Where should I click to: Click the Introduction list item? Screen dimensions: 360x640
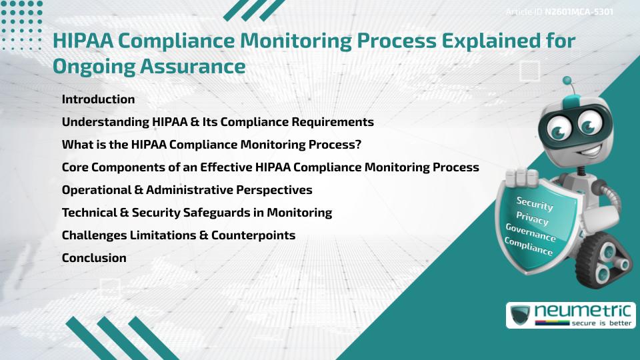(98, 99)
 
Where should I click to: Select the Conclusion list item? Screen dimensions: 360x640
(94, 258)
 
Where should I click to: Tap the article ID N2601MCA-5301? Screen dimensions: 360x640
(579, 12)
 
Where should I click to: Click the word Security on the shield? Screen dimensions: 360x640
(534, 203)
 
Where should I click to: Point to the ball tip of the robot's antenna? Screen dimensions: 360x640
(568, 81)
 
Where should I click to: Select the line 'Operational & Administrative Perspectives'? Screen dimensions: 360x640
(187, 190)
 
